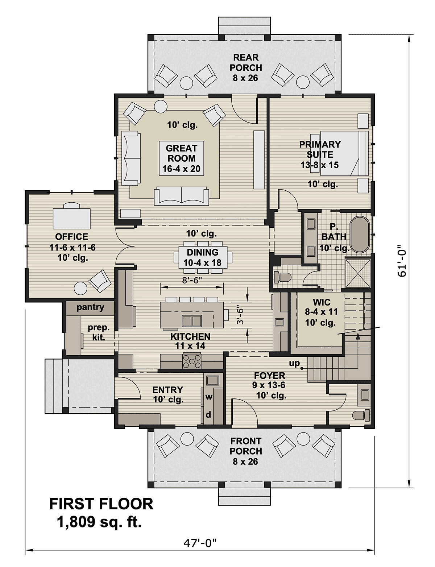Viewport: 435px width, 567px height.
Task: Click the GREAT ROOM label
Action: (x=181, y=158)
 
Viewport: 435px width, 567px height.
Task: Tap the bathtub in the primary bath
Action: (x=359, y=234)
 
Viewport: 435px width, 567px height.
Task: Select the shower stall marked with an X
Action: (x=357, y=273)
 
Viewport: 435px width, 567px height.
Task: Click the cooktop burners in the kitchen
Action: (x=192, y=362)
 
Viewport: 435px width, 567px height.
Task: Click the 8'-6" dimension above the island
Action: (x=192, y=280)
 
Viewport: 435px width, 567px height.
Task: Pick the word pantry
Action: (x=90, y=307)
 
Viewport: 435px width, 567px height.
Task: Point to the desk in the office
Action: (x=72, y=218)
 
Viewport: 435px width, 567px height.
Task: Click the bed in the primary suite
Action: (x=343, y=153)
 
